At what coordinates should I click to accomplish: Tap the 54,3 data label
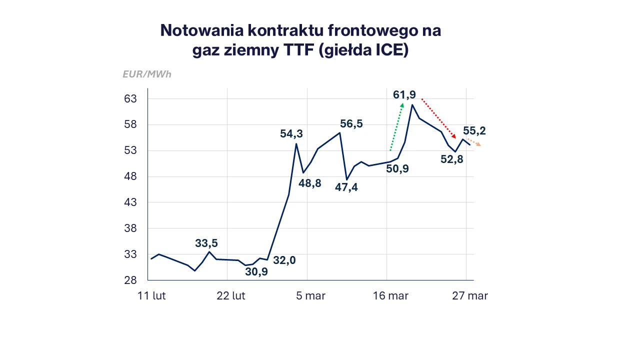(291, 134)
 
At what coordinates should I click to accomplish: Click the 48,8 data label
(310, 183)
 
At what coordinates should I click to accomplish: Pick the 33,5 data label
(206, 243)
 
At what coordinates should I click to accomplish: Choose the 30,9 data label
(256, 272)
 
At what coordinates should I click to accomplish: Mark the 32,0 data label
(284, 260)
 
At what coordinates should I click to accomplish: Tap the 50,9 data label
(397, 169)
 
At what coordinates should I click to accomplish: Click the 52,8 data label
(452, 159)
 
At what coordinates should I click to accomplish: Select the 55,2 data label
(474, 131)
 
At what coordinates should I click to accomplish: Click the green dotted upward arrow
(396, 126)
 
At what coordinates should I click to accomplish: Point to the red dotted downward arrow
(438, 118)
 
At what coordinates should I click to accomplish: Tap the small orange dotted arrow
(474, 142)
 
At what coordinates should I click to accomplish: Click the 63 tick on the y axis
(130, 98)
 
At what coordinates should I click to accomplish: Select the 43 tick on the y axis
(130, 202)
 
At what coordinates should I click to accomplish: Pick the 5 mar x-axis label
(311, 296)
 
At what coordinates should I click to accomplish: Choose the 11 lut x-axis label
(152, 296)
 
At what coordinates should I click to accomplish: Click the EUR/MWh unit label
(147, 74)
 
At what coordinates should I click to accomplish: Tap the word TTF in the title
(288, 50)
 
